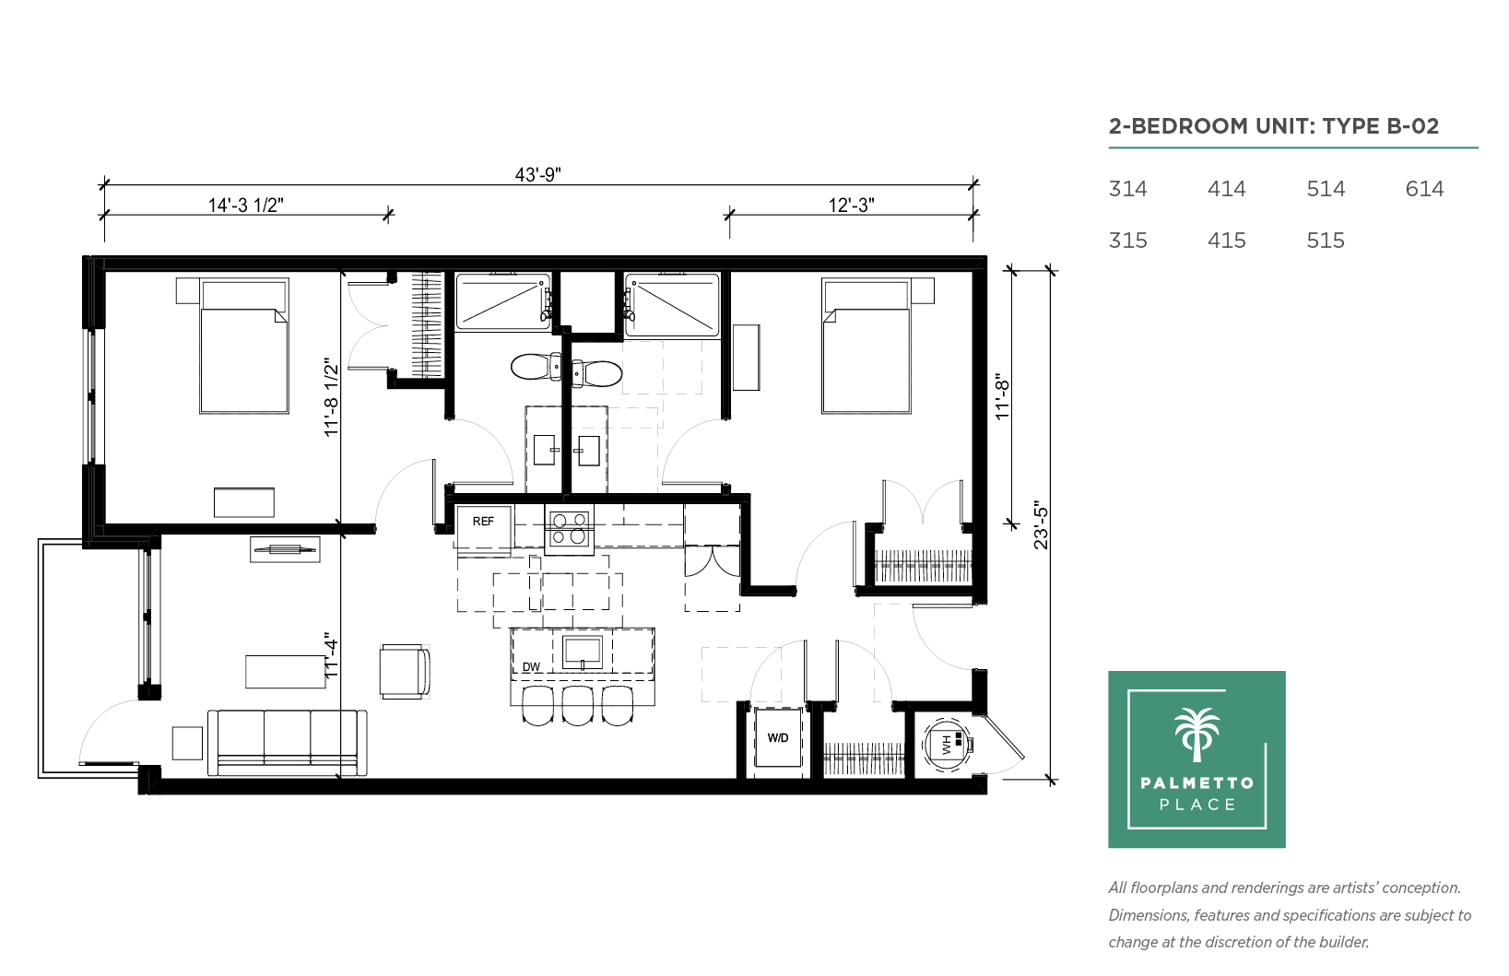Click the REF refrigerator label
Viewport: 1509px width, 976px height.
(483, 522)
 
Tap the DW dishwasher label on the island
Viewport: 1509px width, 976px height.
(532, 667)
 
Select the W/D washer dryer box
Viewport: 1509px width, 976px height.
(778, 737)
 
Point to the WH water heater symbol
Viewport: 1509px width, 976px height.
(947, 745)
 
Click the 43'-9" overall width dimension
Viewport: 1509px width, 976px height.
(538, 174)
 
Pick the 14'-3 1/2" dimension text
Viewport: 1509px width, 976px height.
(246, 205)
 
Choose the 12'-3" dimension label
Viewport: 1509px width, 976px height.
(852, 205)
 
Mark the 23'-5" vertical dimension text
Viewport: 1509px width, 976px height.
(1042, 524)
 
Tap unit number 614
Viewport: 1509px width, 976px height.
(1424, 189)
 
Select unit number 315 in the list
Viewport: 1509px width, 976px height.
(1127, 241)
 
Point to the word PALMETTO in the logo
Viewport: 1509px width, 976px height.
(1197, 782)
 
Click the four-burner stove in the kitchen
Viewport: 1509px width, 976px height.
(570, 529)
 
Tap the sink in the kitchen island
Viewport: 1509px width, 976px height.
(583, 652)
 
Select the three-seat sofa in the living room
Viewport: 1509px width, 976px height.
(288, 742)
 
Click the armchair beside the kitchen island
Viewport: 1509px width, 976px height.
(404, 672)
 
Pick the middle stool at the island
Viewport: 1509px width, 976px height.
(577, 706)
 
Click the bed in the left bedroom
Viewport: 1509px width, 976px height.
(244, 347)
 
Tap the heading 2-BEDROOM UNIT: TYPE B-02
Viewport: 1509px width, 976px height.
(1274, 126)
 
